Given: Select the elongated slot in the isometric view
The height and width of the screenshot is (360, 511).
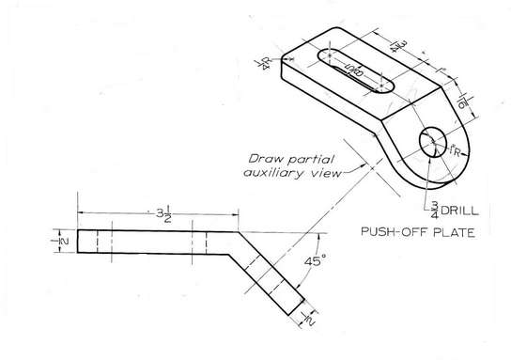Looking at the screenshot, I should (355, 73).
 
